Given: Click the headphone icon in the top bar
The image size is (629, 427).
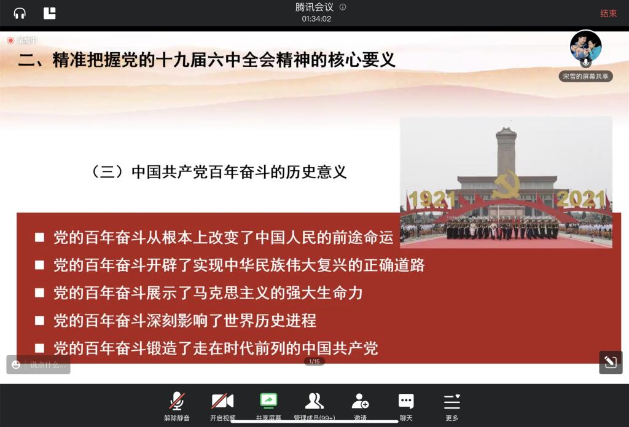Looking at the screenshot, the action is (x=20, y=14).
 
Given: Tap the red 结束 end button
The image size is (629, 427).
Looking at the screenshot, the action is (x=608, y=14).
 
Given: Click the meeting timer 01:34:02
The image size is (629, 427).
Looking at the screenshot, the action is (x=316, y=19).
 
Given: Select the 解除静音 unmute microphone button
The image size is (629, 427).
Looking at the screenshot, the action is (x=176, y=406).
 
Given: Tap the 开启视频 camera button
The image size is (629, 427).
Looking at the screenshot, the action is (x=222, y=406).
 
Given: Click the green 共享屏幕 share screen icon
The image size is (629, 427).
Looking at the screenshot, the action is (x=269, y=401).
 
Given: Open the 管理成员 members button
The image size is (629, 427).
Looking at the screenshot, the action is (x=314, y=406).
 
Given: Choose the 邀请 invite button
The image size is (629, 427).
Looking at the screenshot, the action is (x=360, y=406).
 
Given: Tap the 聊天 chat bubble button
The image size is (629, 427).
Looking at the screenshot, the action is (x=406, y=406).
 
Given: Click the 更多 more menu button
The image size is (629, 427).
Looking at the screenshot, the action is (x=452, y=406).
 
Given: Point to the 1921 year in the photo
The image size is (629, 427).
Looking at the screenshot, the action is (x=432, y=199).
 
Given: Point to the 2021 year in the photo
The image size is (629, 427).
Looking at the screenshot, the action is (x=581, y=199).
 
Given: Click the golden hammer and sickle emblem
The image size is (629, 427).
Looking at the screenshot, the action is (x=506, y=184).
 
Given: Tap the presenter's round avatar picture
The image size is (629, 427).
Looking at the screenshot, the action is (x=585, y=45).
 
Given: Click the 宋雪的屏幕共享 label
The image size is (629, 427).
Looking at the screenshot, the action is (x=585, y=76).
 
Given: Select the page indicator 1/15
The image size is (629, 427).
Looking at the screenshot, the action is (x=314, y=362).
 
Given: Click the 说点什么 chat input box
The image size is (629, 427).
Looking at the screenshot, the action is (x=39, y=365).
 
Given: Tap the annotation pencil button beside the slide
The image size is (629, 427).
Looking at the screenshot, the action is (x=611, y=362).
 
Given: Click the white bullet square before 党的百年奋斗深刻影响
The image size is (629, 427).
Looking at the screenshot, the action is (x=39, y=320).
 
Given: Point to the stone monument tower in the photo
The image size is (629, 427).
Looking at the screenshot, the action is (x=506, y=152).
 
